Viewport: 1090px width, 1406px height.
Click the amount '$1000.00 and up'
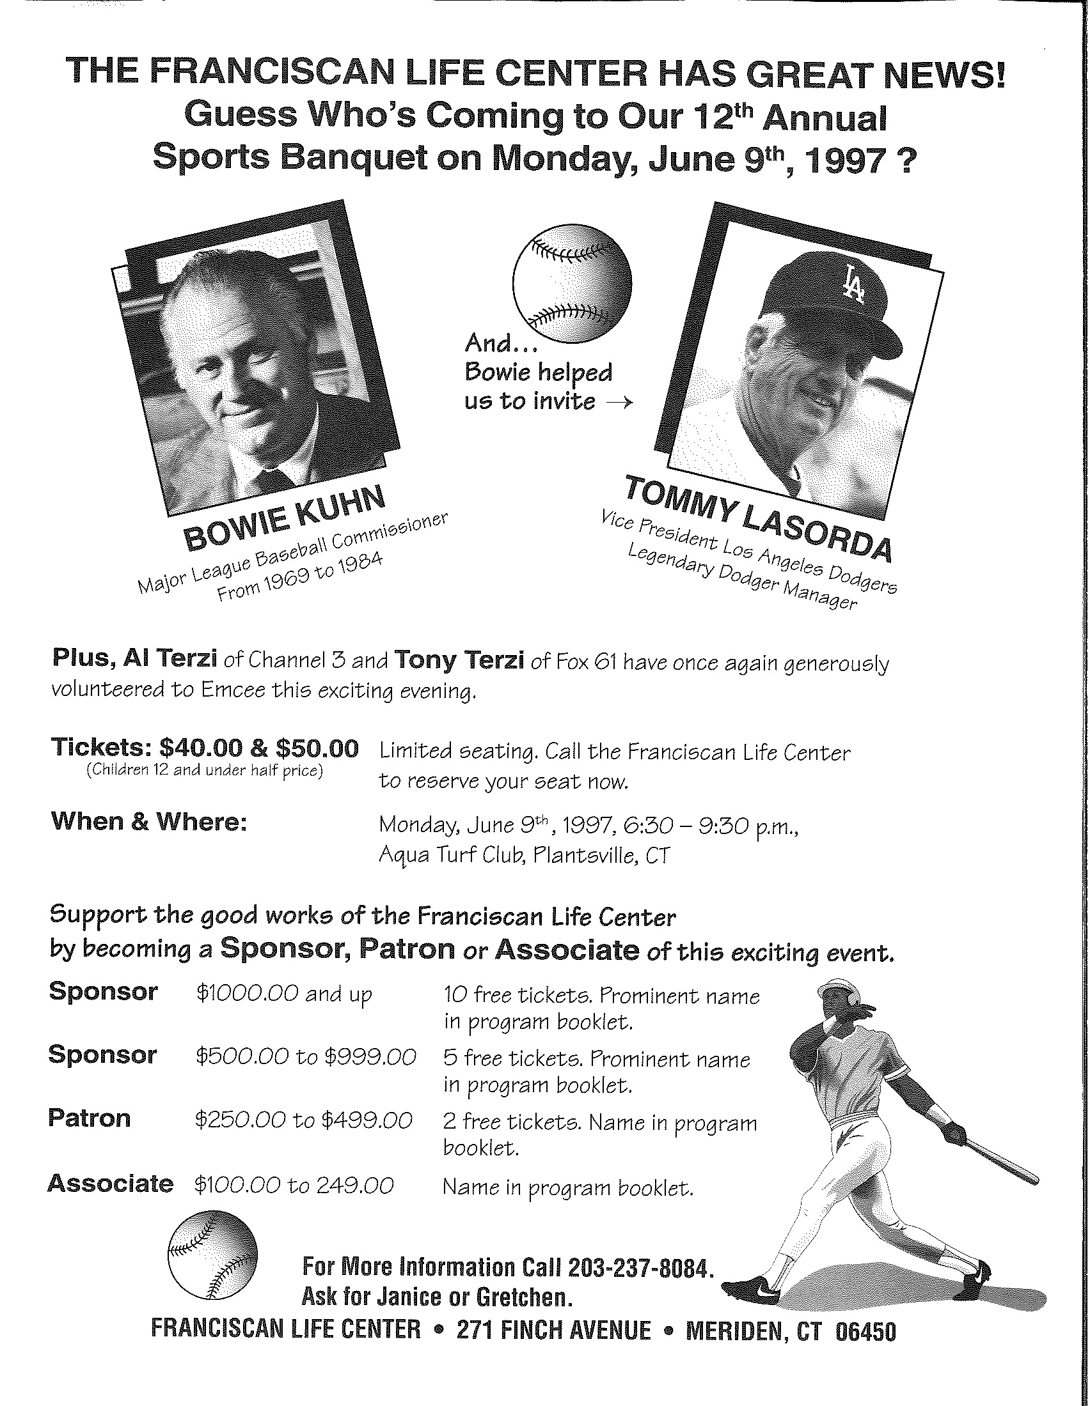tap(284, 994)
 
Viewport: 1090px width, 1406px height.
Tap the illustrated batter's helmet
tap(839, 992)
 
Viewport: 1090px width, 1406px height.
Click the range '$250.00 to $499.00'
tap(303, 1121)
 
